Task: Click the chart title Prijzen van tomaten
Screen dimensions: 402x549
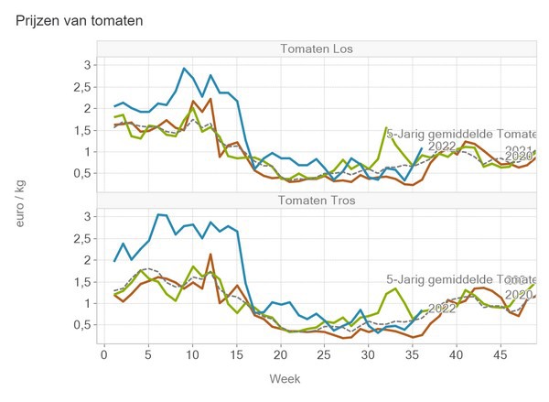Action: click(80, 19)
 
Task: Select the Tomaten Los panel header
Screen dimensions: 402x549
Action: click(318, 49)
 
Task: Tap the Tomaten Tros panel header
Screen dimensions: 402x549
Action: click(318, 201)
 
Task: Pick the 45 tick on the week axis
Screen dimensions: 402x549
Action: click(500, 353)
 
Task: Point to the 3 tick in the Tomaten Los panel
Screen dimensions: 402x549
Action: click(88, 65)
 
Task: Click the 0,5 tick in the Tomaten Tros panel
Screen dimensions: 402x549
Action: click(81, 324)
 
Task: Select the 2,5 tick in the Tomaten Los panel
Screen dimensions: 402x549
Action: click(81, 87)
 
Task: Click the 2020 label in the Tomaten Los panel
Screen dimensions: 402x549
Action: click(519, 157)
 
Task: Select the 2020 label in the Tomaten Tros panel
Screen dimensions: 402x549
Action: click(519, 295)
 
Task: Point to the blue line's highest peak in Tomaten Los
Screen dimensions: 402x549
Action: click(184, 69)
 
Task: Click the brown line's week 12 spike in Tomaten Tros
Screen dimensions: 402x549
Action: click(210, 255)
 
